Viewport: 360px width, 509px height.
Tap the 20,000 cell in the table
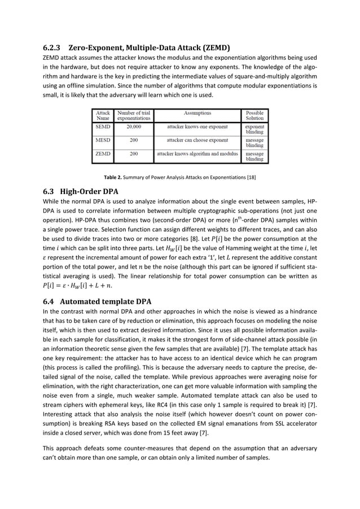(133, 128)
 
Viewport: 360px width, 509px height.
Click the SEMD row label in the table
(103, 128)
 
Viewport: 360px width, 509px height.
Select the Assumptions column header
(196, 113)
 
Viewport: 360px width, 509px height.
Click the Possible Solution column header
(254, 115)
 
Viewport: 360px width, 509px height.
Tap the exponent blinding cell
(254, 130)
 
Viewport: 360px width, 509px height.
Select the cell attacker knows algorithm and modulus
(196, 153)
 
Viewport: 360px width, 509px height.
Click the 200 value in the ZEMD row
(133, 153)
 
